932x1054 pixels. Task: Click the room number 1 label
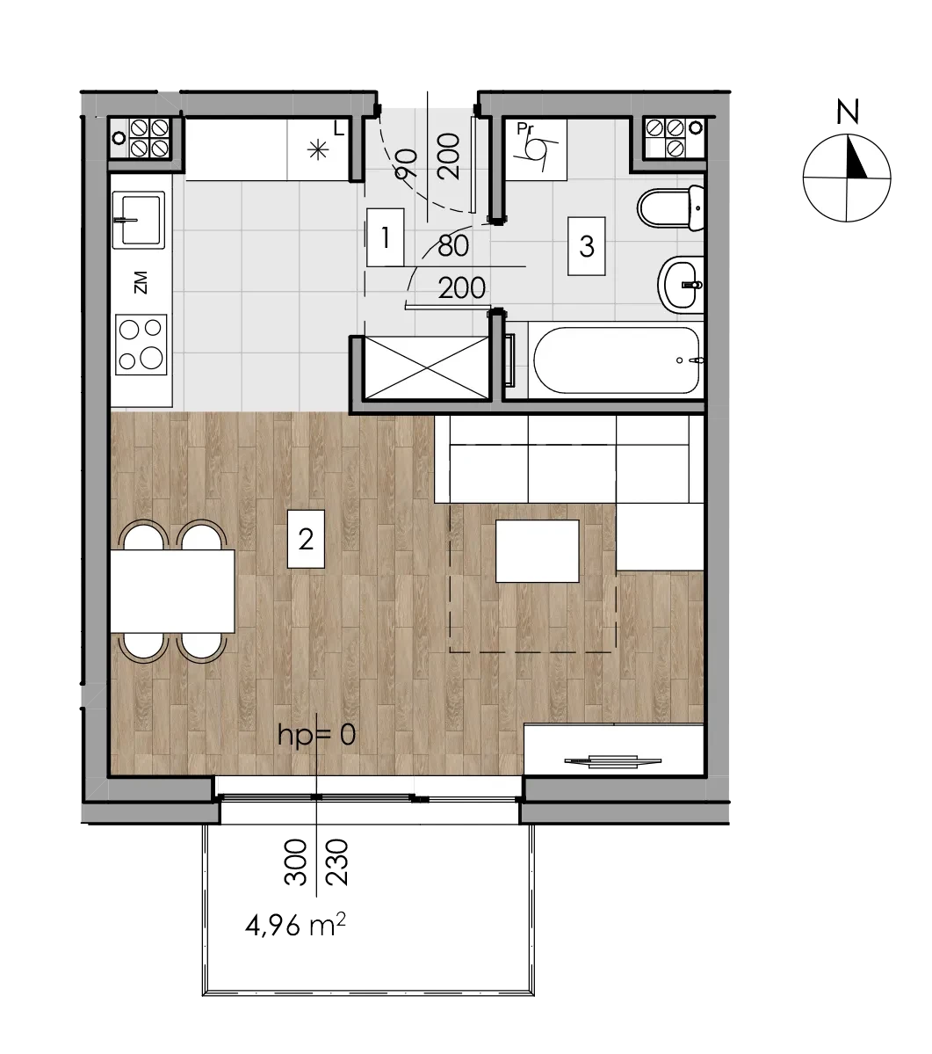386,237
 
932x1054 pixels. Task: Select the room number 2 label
306,539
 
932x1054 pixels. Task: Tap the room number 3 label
586,246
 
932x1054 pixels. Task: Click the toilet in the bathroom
670,208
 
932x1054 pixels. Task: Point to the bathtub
617,360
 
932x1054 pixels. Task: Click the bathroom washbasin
680,284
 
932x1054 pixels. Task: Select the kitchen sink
138,219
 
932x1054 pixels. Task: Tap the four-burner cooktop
141,345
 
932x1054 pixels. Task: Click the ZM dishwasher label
141,282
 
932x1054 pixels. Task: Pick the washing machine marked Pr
535,149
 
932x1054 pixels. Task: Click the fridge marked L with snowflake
320,149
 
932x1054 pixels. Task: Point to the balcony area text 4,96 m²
295,926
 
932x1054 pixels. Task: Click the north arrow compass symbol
847,178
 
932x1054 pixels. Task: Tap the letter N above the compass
848,112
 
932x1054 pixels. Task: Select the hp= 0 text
316,735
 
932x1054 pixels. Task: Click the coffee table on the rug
538,550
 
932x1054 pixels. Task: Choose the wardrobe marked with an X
426,368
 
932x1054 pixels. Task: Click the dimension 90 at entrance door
406,164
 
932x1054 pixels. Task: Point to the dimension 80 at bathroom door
453,246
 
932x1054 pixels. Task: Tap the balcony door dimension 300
296,861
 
